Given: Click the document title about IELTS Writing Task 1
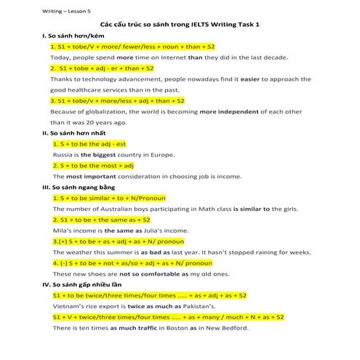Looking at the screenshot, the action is click(x=180, y=25).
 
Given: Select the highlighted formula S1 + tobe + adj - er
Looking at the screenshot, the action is click(x=103, y=68).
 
